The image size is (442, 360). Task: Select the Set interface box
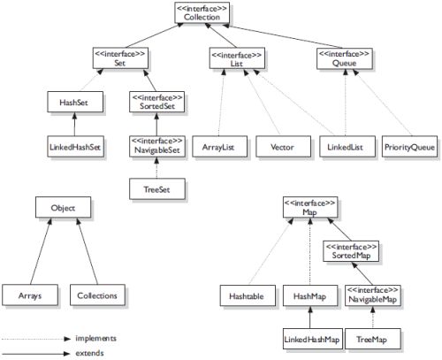(x=119, y=57)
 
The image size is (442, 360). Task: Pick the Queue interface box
(x=342, y=57)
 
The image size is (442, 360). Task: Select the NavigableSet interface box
(x=156, y=143)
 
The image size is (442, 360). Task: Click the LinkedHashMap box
(x=311, y=338)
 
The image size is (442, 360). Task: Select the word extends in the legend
(x=88, y=353)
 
